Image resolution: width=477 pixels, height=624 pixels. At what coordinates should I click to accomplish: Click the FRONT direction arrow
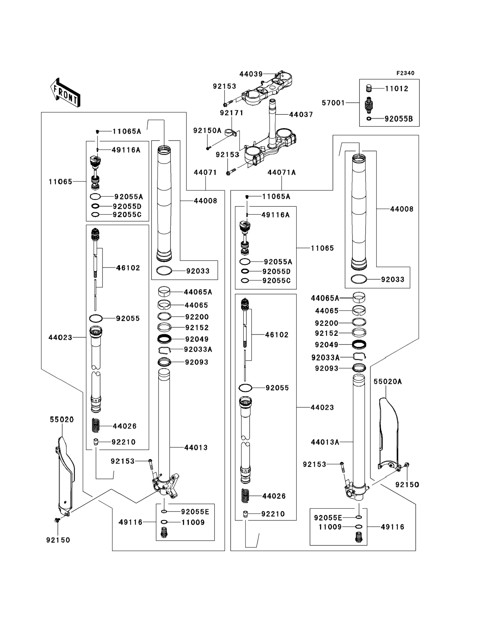(x=65, y=93)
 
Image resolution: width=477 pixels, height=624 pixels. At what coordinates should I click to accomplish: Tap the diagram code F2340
(x=405, y=73)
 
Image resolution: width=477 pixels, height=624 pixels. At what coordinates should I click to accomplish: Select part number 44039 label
(x=251, y=74)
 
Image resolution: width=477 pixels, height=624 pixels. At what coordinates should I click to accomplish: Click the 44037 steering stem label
(x=301, y=115)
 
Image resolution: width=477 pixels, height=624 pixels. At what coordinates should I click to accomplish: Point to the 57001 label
(x=333, y=103)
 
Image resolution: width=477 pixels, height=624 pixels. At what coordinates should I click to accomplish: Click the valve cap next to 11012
(x=369, y=89)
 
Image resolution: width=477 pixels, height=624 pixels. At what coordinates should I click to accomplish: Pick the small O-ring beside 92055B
(x=369, y=119)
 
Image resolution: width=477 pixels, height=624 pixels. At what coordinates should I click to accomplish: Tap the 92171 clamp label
(x=232, y=113)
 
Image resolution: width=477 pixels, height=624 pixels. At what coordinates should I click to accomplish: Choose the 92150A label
(x=207, y=131)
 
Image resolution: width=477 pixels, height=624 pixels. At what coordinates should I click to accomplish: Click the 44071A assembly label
(x=281, y=172)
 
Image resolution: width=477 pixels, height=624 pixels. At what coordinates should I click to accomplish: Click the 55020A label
(x=387, y=382)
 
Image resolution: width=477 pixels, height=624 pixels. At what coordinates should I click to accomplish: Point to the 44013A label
(x=325, y=442)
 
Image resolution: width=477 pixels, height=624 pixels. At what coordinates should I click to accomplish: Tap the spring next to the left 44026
(x=96, y=426)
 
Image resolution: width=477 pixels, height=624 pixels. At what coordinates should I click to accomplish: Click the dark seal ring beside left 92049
(x=164, y=339)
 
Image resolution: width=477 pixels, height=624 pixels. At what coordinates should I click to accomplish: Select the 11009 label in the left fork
(x=193, y=523)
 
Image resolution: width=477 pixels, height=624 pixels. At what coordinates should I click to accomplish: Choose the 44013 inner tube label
(x=196, y=448)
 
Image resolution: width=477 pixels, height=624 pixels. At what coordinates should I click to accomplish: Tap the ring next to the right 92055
(x=245, y=388)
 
